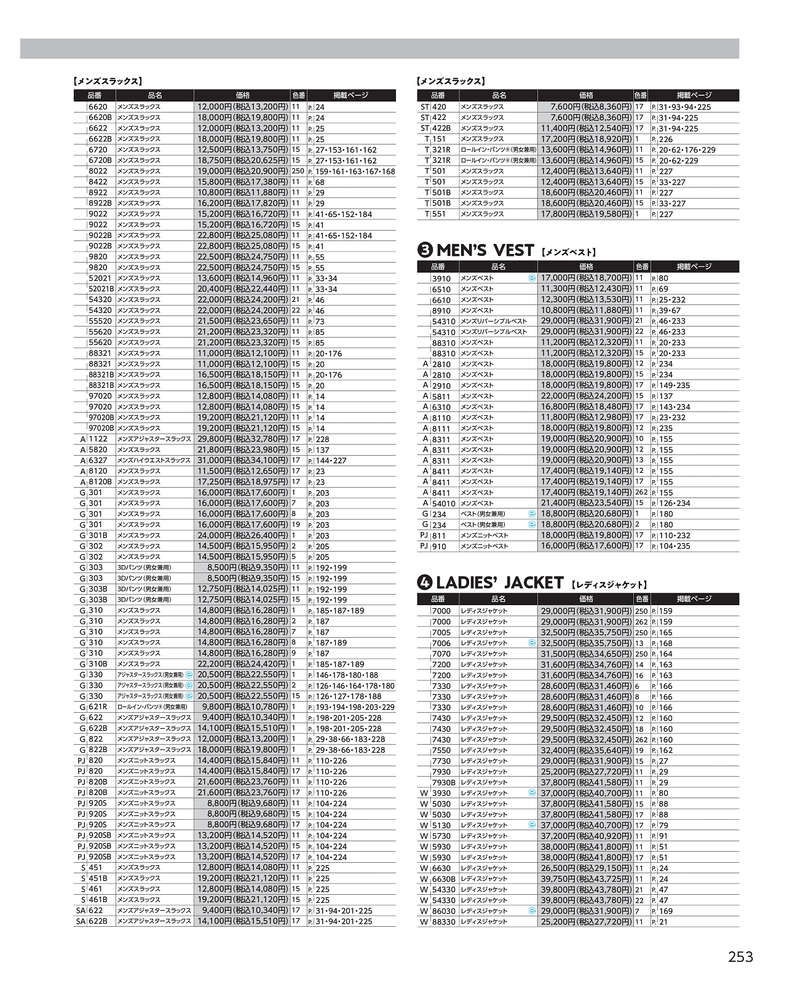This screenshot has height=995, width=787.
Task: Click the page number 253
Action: (740, 957)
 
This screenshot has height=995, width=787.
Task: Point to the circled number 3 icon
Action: (425, 250)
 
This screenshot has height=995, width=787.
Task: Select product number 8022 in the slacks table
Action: (98, 172)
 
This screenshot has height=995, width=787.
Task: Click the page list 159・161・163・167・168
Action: (355, 172)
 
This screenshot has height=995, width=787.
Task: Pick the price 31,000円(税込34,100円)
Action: (242, 461)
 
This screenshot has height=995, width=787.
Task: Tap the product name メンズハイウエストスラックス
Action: (154, 461)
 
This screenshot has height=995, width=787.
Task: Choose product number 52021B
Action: (101, 289)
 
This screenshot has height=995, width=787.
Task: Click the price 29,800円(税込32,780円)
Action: (242, 439)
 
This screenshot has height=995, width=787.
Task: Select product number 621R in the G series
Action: (97, 707)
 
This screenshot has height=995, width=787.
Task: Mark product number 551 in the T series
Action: (439, 215)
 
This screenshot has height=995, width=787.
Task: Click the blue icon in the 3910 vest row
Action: (532, 278)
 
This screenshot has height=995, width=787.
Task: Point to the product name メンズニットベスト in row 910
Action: (484, 546)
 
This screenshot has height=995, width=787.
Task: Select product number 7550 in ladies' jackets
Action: (441, 750)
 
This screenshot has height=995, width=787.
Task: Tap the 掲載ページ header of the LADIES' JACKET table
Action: (694, 599)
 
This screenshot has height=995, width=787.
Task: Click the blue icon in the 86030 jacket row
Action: (532, 911)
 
